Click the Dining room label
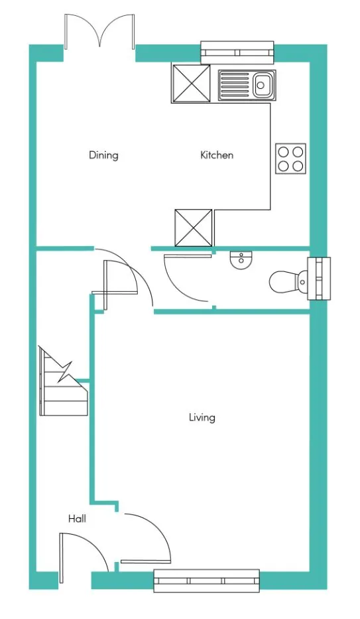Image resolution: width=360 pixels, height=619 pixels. click(103, 155)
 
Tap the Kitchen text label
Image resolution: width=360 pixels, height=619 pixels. click(217, 155)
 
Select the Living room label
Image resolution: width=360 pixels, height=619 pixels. click(202, 417)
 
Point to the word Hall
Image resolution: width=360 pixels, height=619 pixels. click(77, 519)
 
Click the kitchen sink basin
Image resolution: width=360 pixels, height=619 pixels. click(261, 84)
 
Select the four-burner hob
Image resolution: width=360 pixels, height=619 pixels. click(290, 159)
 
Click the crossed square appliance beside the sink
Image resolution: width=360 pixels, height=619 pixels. click(191, 84)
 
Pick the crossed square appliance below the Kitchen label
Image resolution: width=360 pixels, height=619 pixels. click(194, 228)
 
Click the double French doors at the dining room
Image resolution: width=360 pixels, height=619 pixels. click(100, 33)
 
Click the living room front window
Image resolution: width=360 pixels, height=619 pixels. click(206, 580)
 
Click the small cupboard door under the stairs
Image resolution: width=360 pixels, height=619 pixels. click(119, 278)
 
